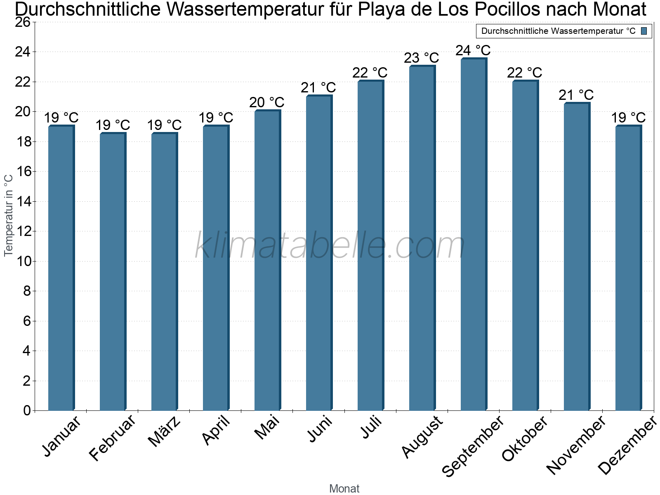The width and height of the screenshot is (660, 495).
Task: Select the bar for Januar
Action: (x=61, y=268)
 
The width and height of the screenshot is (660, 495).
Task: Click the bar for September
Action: (x=474, y=235)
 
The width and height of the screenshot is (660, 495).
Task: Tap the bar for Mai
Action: (x=267, y=260)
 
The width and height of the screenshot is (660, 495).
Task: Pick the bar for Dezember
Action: (x=628, y=268)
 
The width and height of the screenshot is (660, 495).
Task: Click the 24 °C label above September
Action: (x=473, y=50)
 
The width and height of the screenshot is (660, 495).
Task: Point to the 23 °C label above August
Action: (x=422, y=58)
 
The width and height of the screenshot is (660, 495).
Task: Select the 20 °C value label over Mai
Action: (x=267, y=102)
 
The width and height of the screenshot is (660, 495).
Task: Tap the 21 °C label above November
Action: (x=576, y=95)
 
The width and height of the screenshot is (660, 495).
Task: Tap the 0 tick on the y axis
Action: (x=27, y=410)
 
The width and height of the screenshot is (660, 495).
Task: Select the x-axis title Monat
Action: (x=344, y=489)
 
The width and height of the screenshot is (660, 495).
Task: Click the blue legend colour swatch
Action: (x=644, y=31)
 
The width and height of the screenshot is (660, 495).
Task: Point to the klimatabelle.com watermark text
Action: (x=330, y=246)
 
